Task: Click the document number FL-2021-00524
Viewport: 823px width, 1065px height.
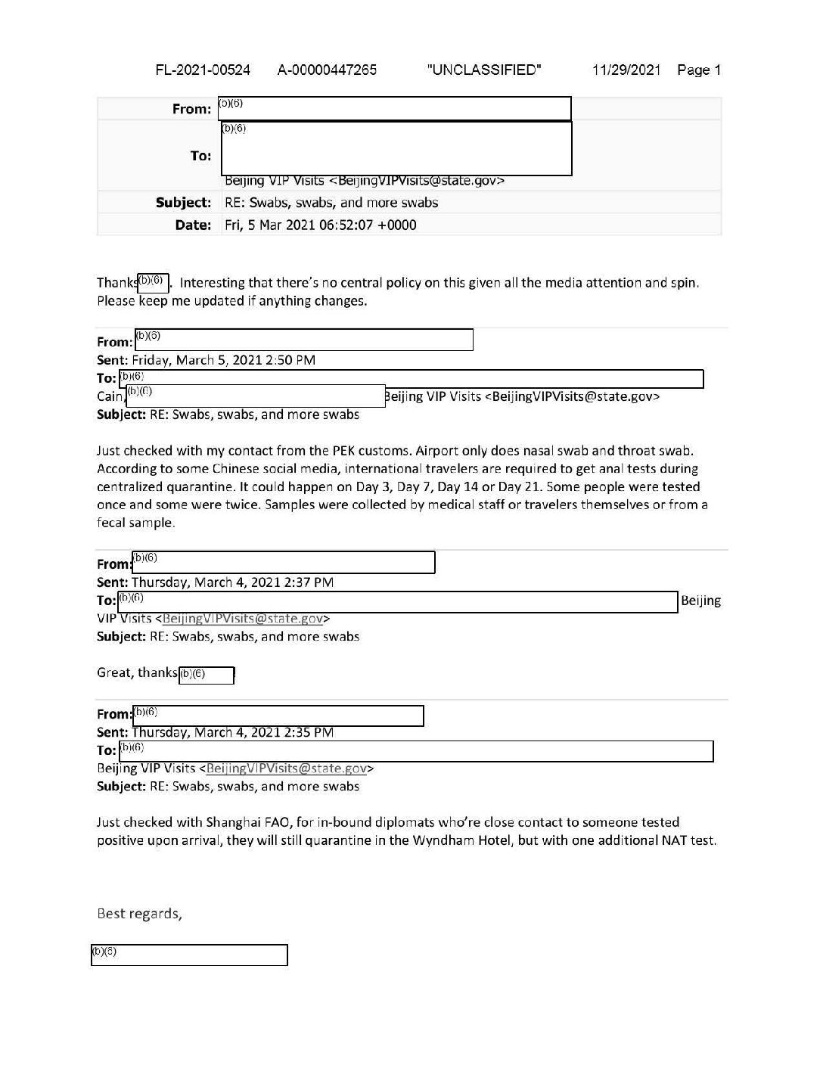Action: click(x=203, y=70)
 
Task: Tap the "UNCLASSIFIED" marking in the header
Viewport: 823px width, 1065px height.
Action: click(x=484, y=70)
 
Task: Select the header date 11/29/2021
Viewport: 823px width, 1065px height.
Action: click(x=626, y=70)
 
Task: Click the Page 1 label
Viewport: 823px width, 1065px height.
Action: click(x=699, y=70)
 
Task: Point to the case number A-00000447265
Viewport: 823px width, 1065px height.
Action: click(x=327, y=70)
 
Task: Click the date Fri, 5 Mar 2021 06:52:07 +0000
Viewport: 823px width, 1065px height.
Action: click(x=321, y=225)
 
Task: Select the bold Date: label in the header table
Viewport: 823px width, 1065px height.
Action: click(x=193, y=225)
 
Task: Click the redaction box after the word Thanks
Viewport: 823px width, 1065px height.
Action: click(x=154, y=283)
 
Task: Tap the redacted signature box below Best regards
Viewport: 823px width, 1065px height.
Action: click(x=189, y=955)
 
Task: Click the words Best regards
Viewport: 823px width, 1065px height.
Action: click(x=139, y=914)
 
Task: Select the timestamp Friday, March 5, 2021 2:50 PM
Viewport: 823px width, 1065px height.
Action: click(x=223, y=360)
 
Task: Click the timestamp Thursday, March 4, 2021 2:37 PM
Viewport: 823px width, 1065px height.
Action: click(x=232, y=582)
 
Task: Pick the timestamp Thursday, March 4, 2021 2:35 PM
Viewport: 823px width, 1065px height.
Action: click(x=232, y=732)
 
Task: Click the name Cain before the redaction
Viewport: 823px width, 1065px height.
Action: click(x=109, y=396)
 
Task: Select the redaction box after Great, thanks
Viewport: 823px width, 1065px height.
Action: click(x=207, y=675)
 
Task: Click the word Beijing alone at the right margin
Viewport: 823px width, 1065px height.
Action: click(x=700, y=601)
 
